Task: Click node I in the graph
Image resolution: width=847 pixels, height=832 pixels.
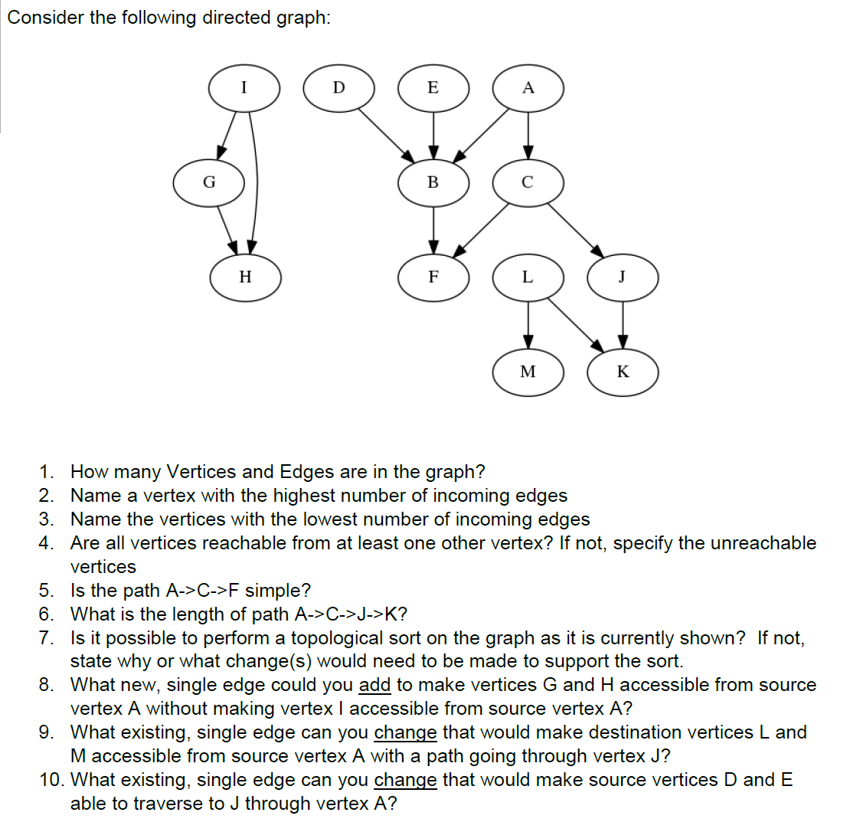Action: (x=244, y=87)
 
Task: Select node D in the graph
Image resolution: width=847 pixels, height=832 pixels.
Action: (x=339, y=87)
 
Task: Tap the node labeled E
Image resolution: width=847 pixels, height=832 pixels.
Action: (x=433, y=87)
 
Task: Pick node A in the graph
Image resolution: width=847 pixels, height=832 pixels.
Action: (x=528, y=87)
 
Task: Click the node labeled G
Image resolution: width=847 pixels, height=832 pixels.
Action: (x=208, y=182)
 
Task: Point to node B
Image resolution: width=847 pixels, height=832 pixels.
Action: (x=433, y=182)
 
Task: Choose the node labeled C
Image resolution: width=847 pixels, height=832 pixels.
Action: (x=528, y=182)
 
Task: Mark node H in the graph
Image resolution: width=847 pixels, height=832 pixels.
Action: (x=244, y=277)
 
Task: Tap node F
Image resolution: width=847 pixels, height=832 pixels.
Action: (x=433, y=277)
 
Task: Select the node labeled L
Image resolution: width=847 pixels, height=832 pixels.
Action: (x=528, y=277)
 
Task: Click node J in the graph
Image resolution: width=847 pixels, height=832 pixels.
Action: (x=623, y=277)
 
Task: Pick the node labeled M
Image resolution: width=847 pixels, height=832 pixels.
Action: (x=528, y=372)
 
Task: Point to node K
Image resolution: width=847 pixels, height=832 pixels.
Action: (x=623, y=372)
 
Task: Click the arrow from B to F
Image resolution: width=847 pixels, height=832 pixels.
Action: (x=433, y=229)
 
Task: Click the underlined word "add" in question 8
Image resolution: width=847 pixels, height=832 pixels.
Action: (x=374, y=685)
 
